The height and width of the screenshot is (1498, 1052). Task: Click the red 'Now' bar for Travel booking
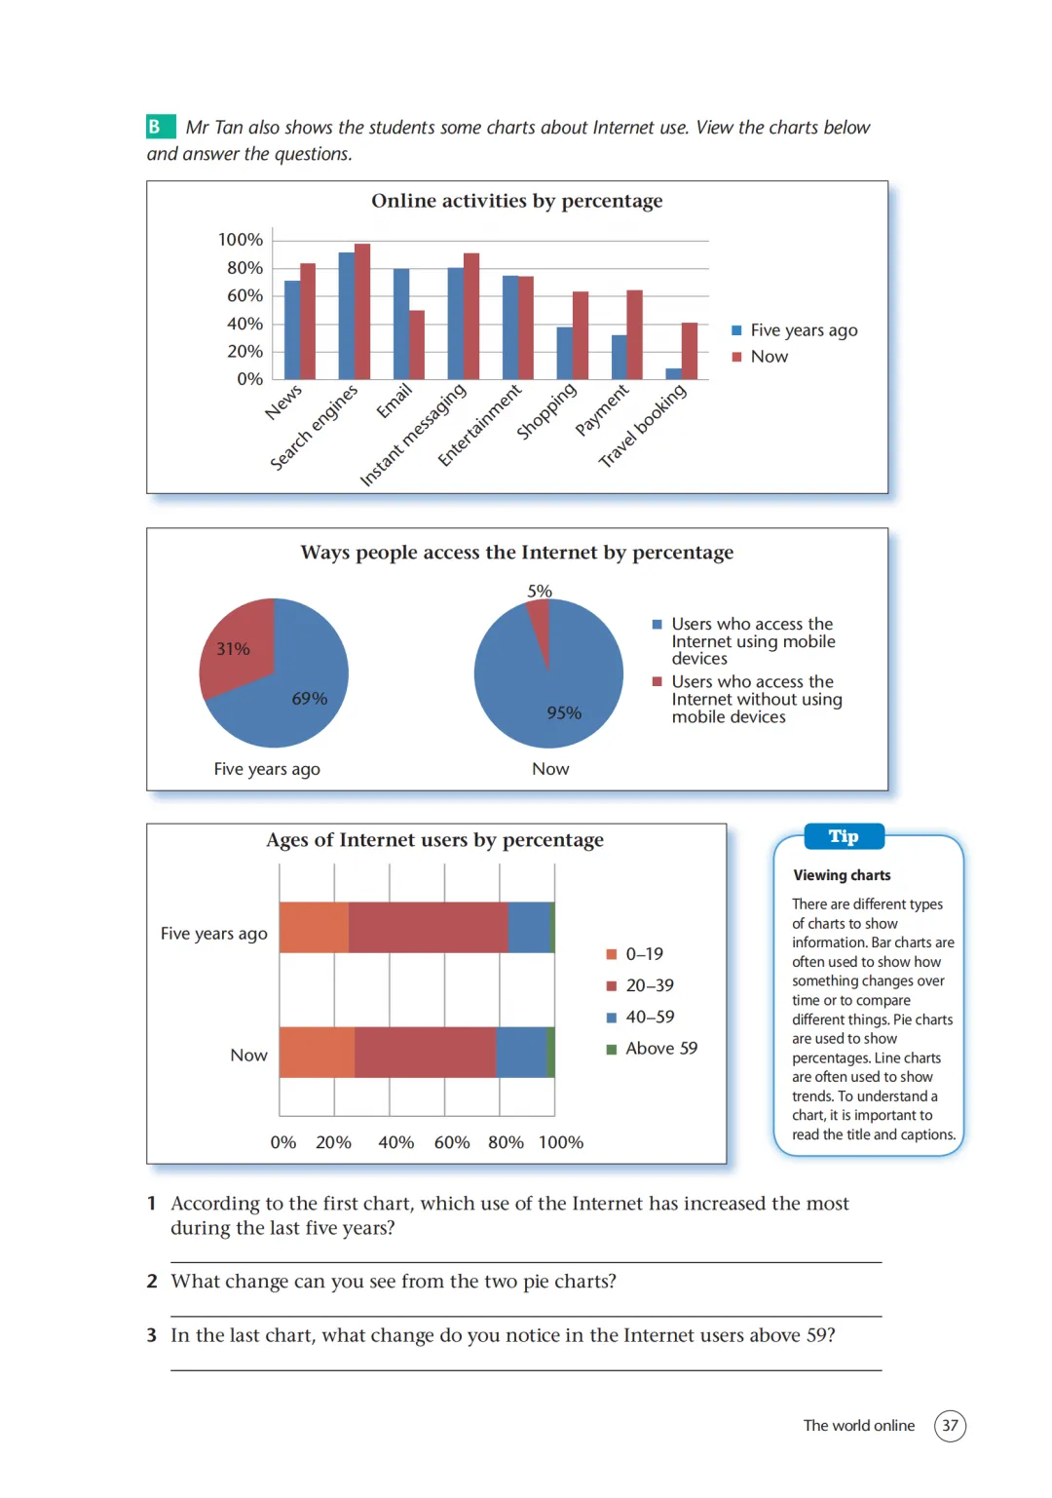(689, 351)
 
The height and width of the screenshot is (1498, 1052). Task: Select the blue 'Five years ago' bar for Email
(401, 324)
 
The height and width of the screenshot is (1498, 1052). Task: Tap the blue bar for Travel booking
(674, 374)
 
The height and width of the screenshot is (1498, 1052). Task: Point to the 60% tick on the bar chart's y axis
(244, 295)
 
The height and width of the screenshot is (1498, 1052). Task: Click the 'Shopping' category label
(546, 410)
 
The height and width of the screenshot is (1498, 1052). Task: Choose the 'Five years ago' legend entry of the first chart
(795, 330)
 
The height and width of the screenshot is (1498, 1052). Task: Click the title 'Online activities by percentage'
(516, 201)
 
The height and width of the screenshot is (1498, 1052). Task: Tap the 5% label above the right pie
(540, 591)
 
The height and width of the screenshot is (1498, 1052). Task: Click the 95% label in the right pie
(564, 712)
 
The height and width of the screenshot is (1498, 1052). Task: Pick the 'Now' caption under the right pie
(550, 769)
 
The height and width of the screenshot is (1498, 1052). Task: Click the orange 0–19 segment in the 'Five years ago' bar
(314, 927)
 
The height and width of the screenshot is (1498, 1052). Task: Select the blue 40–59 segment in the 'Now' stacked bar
(521, 1052)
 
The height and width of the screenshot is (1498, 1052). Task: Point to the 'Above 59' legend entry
(652, 1049)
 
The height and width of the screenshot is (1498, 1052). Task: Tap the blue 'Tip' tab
(844, 836)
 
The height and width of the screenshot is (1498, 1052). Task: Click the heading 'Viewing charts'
(842, 875)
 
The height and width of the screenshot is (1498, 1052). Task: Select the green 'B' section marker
(161, 127)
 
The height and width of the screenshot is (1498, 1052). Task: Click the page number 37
(950, 1425)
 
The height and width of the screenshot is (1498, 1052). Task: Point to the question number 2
(152, 1281)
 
